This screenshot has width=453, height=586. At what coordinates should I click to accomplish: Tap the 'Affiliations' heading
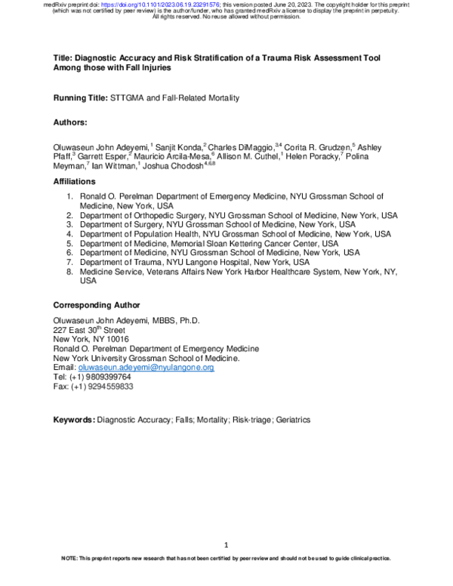pos(75,182)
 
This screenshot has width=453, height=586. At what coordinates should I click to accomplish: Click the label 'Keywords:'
pos(74,420)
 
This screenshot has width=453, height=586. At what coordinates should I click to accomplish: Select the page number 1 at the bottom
pos(226,545)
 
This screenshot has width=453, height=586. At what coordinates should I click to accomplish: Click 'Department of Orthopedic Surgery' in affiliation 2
pos(143,215)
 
